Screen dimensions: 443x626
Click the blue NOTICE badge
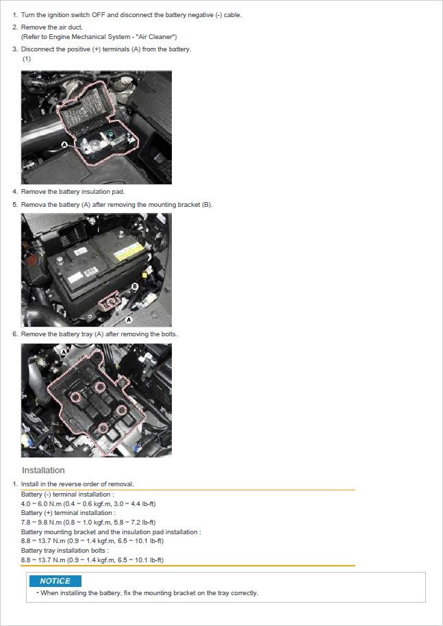[x=55, y=581]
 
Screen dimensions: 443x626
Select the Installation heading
[x=43, y=471]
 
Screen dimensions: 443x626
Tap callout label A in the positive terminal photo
[x=64, y=145]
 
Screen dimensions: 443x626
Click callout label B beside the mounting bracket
[x=135, y=286]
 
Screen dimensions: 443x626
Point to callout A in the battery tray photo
[x=64, y=352]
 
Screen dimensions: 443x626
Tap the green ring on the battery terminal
[x=110, y=133]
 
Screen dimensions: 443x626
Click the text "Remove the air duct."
[x=52, y=27]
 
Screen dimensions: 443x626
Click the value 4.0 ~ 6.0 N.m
[x=41, y=504]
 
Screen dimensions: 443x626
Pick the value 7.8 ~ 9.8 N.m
[x=41, y=522]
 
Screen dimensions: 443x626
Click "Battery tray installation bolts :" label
[x=64, y=551]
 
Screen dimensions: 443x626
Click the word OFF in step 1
[x=98, y=15]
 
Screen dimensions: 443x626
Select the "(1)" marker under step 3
[x=26, y=59]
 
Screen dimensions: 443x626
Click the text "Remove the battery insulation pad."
[x=73, y=192]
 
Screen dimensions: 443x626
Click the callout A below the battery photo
[x=129, y=320]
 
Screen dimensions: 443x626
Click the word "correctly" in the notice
[x=244, y=593]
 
